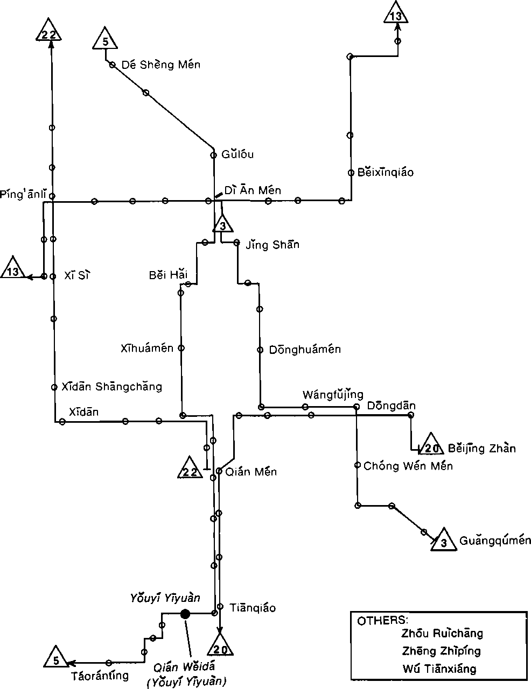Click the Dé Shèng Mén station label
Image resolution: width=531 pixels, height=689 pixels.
coord(160,65)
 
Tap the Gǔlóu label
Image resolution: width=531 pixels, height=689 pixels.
coord(237,155)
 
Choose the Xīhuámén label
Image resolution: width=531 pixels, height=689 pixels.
coord(147,348)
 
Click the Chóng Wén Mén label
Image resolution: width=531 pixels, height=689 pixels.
coord(408,466)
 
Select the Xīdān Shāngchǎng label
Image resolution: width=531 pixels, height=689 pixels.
coord(111,386)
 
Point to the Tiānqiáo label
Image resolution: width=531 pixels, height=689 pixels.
coord(253,608)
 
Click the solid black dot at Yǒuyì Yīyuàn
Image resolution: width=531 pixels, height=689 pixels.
coord(185,614)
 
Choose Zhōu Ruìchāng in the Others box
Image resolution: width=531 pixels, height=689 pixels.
coord(442,633)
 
